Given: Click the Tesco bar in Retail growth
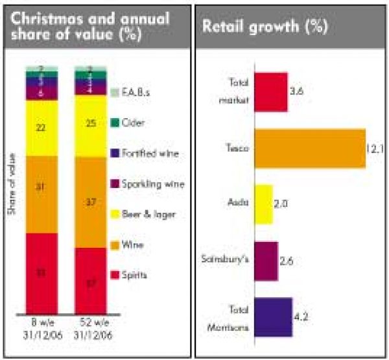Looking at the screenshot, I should [x=309, y=149].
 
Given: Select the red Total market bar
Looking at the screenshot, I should [x=270, y=91].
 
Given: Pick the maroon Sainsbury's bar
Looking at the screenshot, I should [x=266, y=261].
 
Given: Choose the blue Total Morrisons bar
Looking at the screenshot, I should [x=273, y=317].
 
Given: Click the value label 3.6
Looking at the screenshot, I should [x=298, y=91].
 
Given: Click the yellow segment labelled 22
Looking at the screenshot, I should [x=41, y=128].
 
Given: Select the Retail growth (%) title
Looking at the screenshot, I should [x=265, y=27].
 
